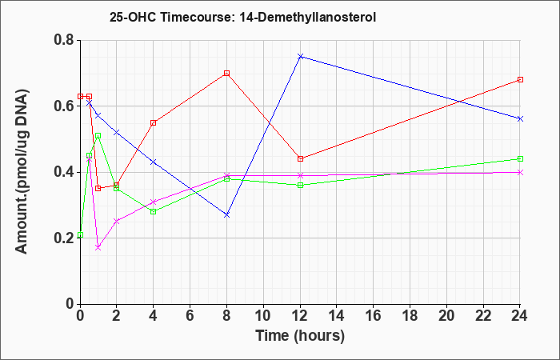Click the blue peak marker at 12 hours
coord(300,57)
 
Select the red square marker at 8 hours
coord(226,74)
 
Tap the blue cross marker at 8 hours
coord(226,214)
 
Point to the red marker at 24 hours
coord(520,80)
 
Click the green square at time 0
coord(80,234)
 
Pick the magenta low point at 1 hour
coord(98,247)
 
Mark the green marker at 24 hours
coord(520,158)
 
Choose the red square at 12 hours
coord(300,158)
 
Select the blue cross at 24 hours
coord(520,118)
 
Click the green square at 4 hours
coord(154,211)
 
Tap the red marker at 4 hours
coord(154,123)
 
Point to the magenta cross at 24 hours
coord(520,172)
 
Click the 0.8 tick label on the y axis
coord(64,40)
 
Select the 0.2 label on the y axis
coord(64,238)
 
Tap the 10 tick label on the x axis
coord(263,315)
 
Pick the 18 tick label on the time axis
coord(410,315)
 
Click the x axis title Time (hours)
coord(300,336)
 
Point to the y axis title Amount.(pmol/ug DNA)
coord(22,171)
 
